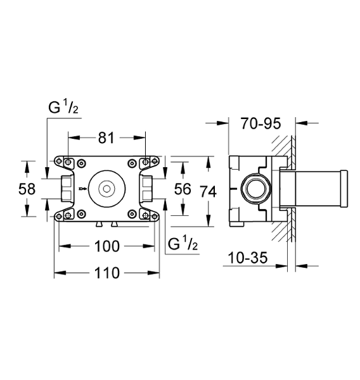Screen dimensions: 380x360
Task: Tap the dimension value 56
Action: point(183,188)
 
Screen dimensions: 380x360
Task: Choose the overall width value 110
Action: point(106,274)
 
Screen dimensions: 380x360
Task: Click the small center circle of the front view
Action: point(106,188)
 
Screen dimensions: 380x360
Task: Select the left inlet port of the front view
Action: point(65,188)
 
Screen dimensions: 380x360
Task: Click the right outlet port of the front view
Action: point(147,188)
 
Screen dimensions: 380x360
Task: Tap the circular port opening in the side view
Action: point(256,189)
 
